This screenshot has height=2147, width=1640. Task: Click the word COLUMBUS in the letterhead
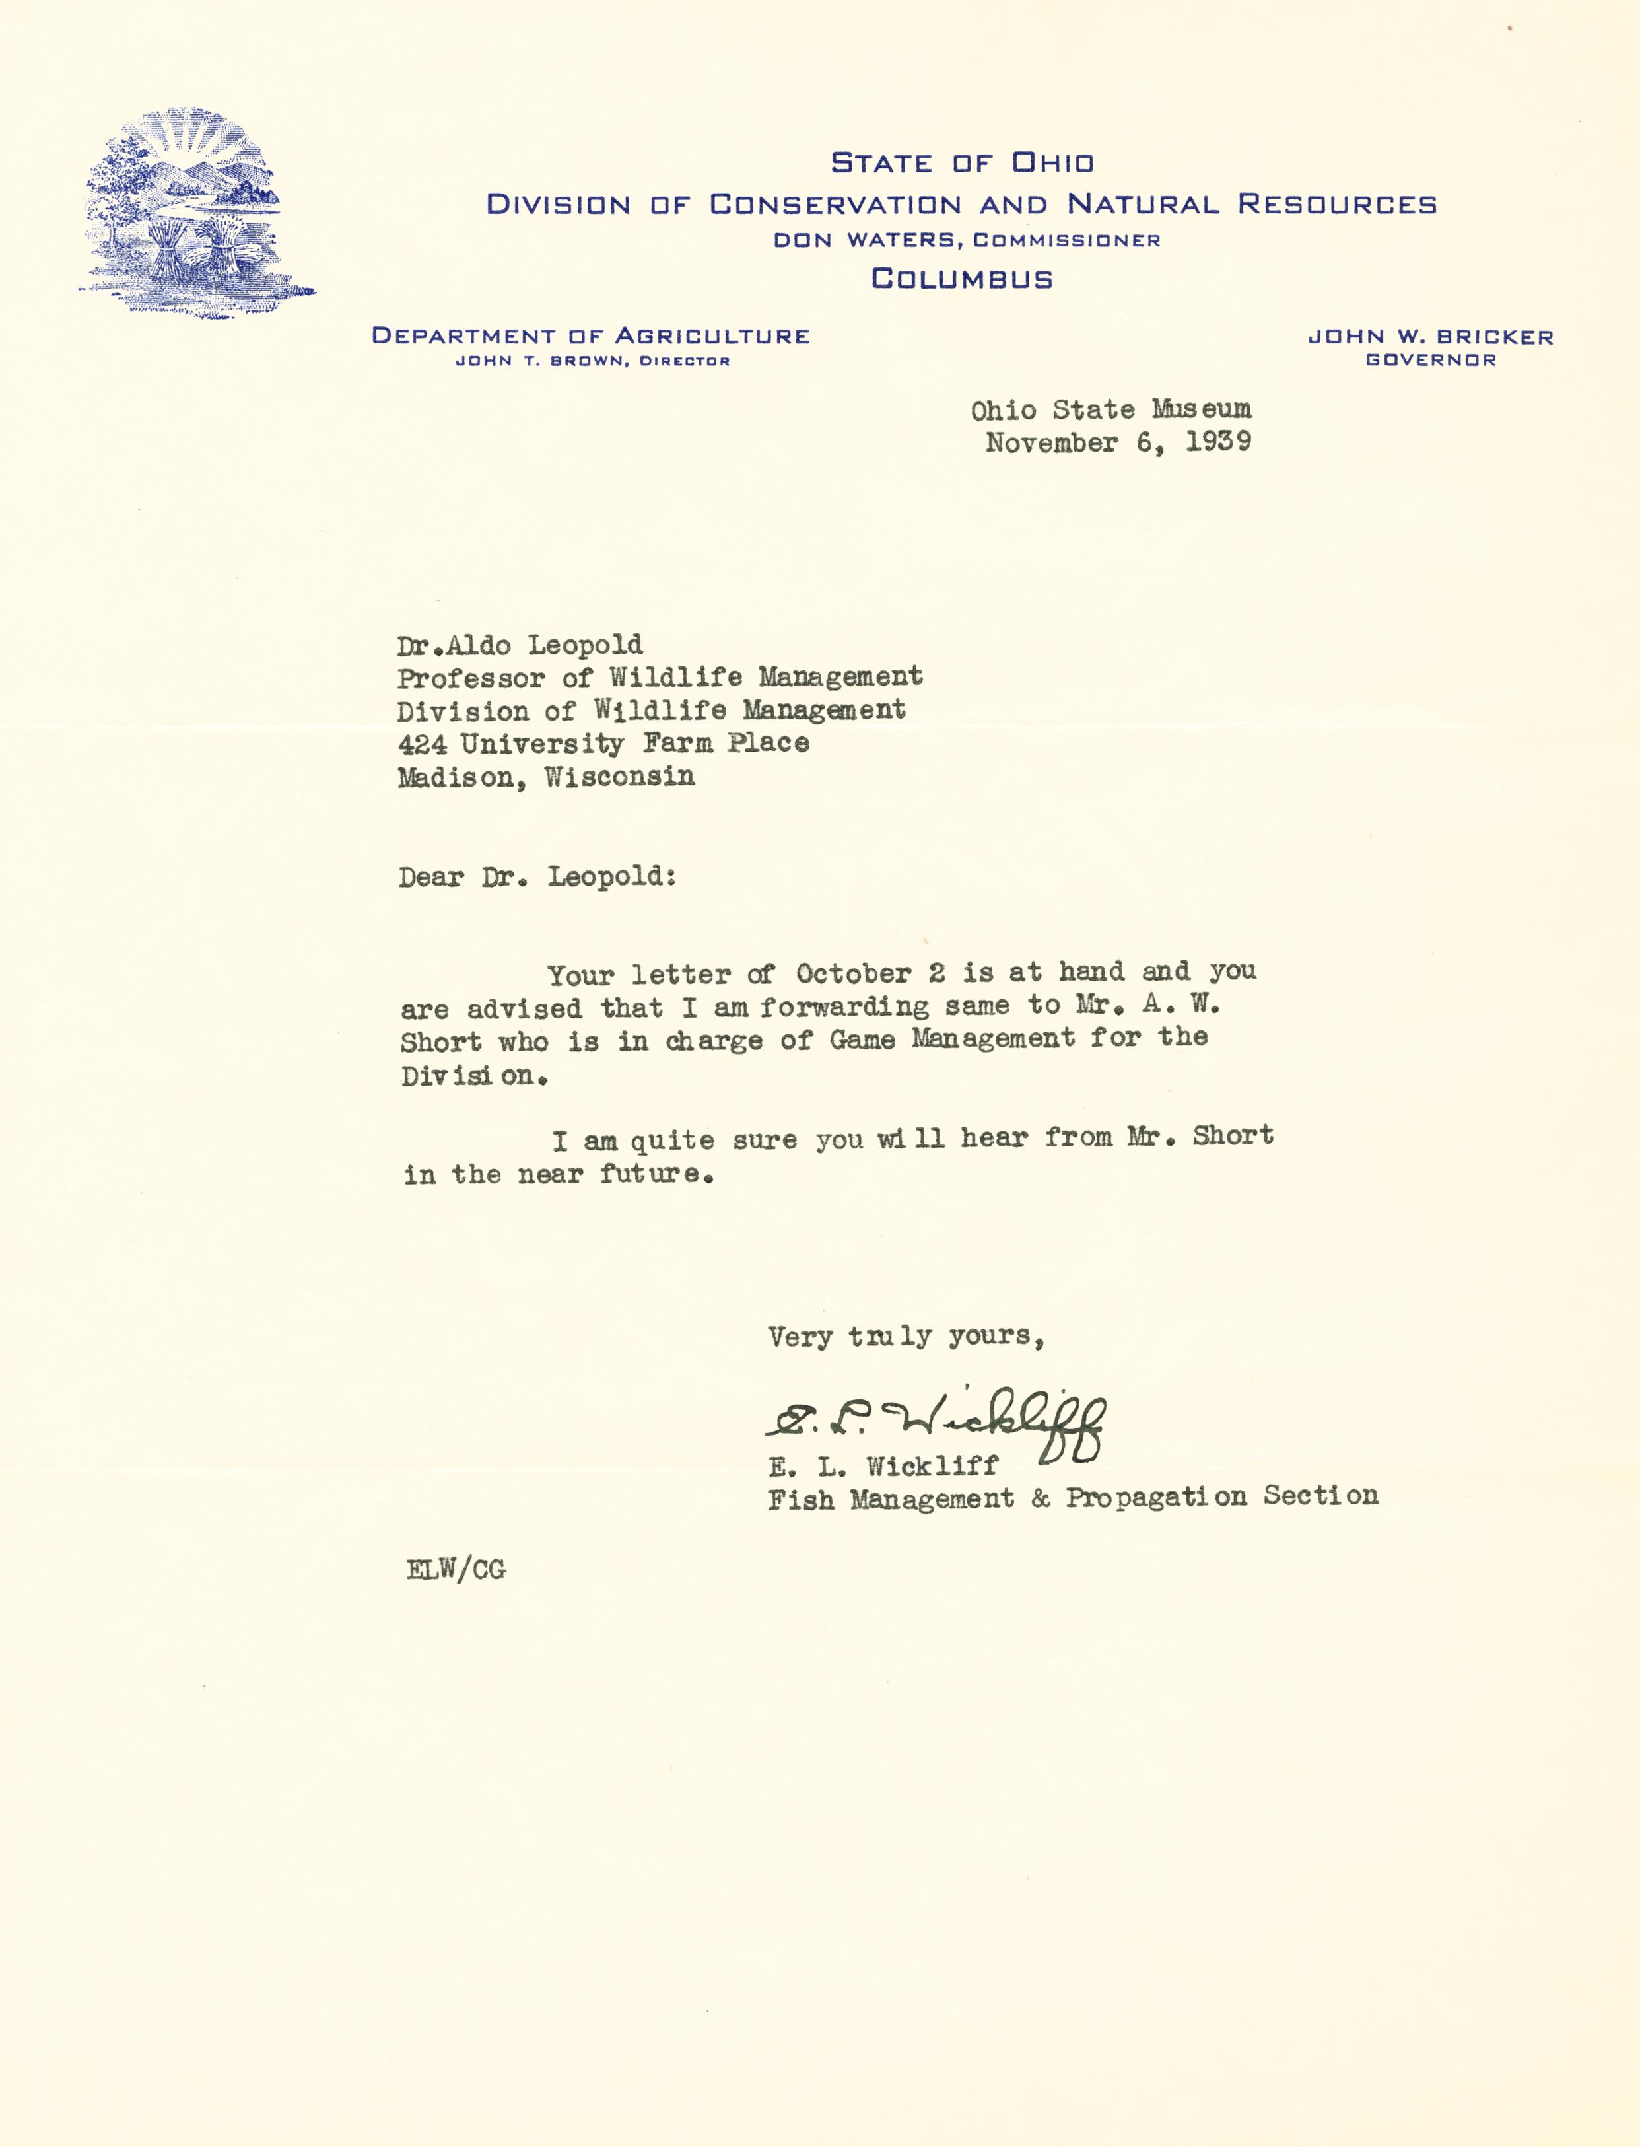[x=961, y=279]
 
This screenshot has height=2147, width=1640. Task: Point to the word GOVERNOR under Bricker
[x=1430, y=361]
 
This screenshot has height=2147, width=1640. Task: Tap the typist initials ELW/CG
[x=456, y=1569]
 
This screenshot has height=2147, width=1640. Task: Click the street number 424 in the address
[x=422, y=744]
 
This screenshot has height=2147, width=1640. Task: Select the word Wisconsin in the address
[x=619, y=777]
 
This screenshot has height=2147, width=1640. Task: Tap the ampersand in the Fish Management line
[x=1040, y=1498]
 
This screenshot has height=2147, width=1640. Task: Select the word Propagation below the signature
[x=1156, y=1496]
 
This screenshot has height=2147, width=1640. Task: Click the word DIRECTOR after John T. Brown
[x=684, y=361]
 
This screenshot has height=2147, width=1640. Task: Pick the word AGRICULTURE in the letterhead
[x=712, y=336]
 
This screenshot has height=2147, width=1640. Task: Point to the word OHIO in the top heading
[x=1052, y=163]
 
